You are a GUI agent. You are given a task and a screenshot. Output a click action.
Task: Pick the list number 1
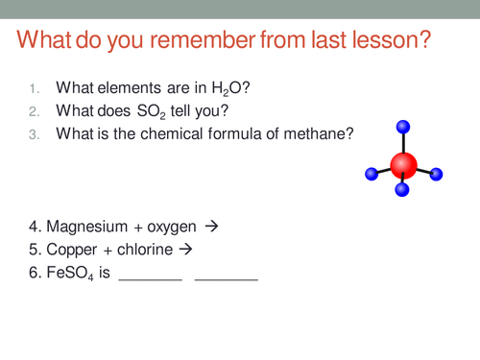(x=33, y=90)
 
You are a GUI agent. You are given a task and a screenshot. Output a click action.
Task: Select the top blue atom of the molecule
(x=403, y=126)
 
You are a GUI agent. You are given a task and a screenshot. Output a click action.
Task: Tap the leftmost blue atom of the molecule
(x=371, y=175)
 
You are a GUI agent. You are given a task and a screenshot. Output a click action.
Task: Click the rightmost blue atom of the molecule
(x=436, y=174)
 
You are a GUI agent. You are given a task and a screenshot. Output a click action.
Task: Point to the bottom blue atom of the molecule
(x=402, y=190)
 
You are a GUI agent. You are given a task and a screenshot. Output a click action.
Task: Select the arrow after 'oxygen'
(x=212, y=227)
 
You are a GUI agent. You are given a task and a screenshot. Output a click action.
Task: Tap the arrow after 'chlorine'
(x=186, y=250)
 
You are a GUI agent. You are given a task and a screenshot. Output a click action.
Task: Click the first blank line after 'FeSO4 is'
(x=149, y=278)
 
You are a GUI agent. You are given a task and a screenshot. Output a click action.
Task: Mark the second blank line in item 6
(x=226, y=278)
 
